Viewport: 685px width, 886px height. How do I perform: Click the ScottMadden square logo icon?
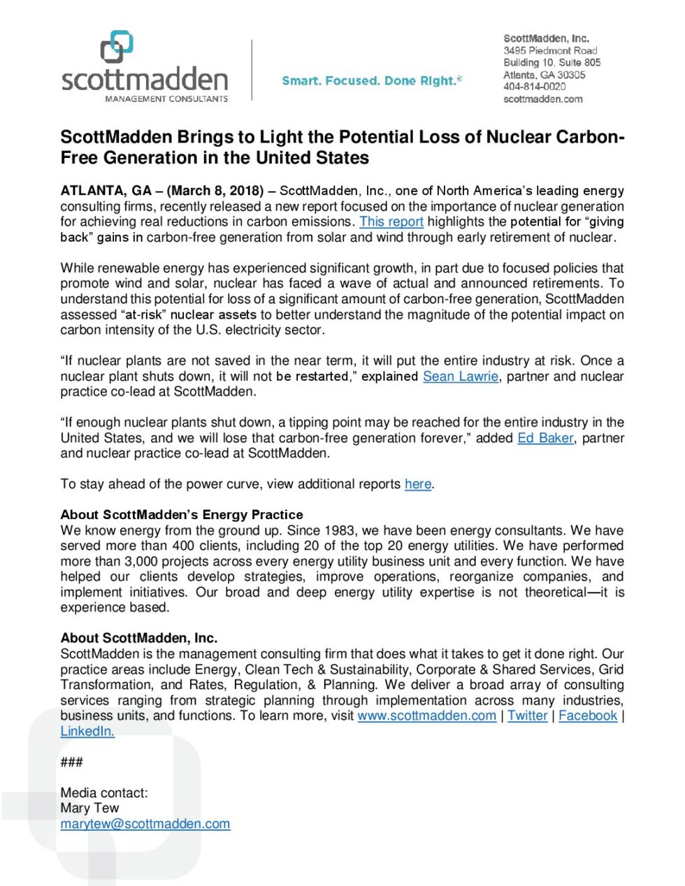point(117,47)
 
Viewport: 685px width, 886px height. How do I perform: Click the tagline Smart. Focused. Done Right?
point(371,81)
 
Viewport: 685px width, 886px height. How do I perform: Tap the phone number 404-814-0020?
point(534,87)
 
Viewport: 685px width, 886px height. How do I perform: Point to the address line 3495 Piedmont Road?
point(550,51)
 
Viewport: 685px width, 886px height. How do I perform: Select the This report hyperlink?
point(391,221)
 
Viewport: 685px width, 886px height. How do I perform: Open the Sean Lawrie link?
point(460,376)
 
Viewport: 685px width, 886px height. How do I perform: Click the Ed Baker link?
point(545,438)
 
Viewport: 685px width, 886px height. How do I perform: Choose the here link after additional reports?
point(418,484)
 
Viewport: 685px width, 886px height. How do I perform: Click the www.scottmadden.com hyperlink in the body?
point(426,716)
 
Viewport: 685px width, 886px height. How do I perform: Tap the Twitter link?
point(527,716)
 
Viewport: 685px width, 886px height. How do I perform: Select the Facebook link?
point(588,716)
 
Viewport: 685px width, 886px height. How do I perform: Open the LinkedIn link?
point(87,731)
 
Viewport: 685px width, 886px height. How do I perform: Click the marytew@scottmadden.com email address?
point(145,824)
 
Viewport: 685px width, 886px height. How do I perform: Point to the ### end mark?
point(71,762)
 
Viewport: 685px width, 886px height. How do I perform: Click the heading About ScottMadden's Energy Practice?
point(182,515)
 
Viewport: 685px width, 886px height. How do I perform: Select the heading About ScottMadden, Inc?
point(139,638)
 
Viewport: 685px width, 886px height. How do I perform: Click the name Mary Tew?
point(89,808)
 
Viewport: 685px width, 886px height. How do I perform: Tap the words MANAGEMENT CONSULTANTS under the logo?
point(166,99)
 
